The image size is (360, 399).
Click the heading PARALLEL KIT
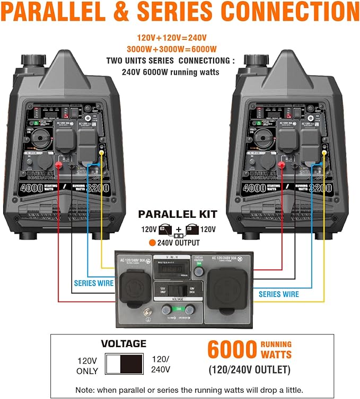pyautogui.click(x=178, y=215)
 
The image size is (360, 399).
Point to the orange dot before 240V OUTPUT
pyautogui.click(x=152, y=243)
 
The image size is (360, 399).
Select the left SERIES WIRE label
pyautogui.click(x=94, y=283)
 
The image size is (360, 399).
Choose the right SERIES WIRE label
pyautogui.click(x=279, y=294)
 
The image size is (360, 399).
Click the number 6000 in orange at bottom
pyautogui.click(x=232, y=350)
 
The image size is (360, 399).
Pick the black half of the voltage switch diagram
pyautogui.click(x=131, y=365)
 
